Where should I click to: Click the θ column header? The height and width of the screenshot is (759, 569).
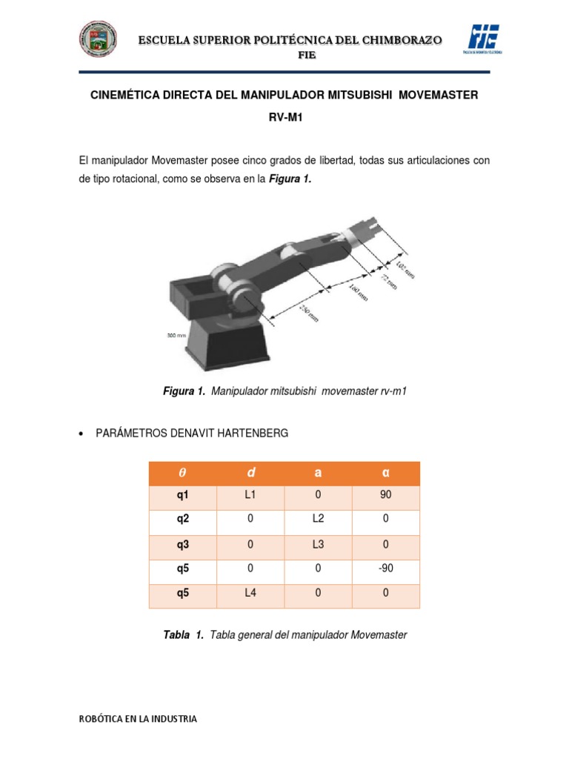(x=182, y=474)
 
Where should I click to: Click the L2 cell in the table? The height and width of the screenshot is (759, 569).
(x=319, y=520)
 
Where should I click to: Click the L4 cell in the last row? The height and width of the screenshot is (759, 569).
(x=250, y=593)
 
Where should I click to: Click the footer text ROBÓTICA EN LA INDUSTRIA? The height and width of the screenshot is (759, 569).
(x=138, y=719)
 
